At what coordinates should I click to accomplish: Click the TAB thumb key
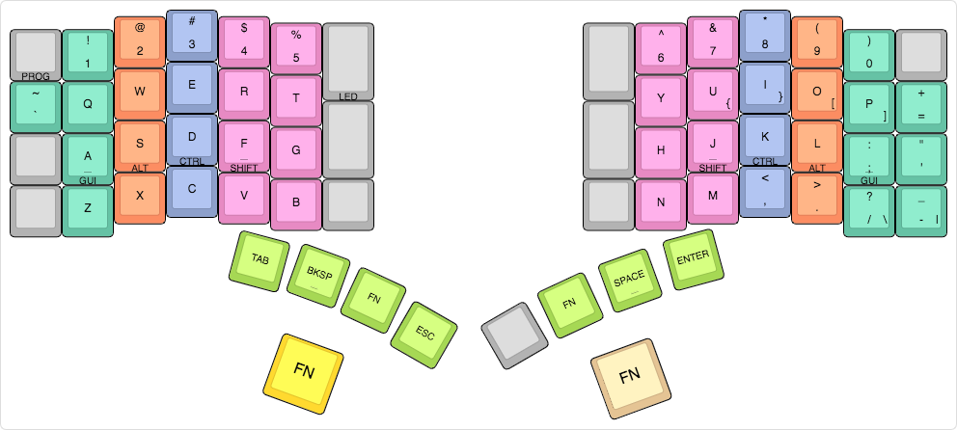pyautogui.click(x=260, y=258)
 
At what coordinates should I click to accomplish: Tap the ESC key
pyautogui.click(x=424, y=334)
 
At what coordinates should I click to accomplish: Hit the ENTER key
pyautogui.click(x=691, y=258)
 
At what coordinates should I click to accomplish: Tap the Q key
pyautogui.click(x=88, y=103)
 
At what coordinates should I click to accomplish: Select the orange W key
pyautogui.click(x=140, y=91)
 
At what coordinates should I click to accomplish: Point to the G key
pyautogui.click(x=296, y=149)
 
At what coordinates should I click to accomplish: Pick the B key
pyautogui.click(x=296, y=202)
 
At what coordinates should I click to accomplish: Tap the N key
pyautogui.click(x=661, y=202)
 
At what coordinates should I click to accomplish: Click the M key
pyautogui.click(x=713, y=195)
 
